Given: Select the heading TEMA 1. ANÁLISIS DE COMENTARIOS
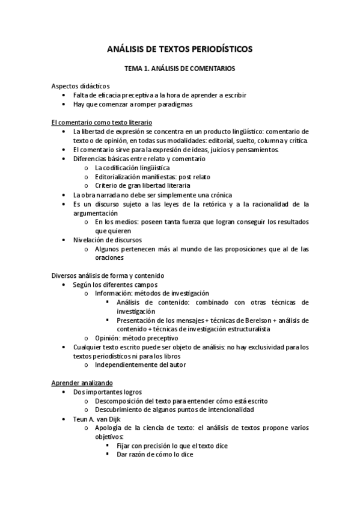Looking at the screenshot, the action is pos(180,69).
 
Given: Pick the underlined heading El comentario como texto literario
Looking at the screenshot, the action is pos(101,122).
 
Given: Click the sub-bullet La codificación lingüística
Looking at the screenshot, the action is pos(132,168).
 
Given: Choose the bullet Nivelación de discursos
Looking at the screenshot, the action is pos(108,239).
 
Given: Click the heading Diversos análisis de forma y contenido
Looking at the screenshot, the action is pos(108,275).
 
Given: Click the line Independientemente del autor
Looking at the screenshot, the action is pos(140,364).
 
